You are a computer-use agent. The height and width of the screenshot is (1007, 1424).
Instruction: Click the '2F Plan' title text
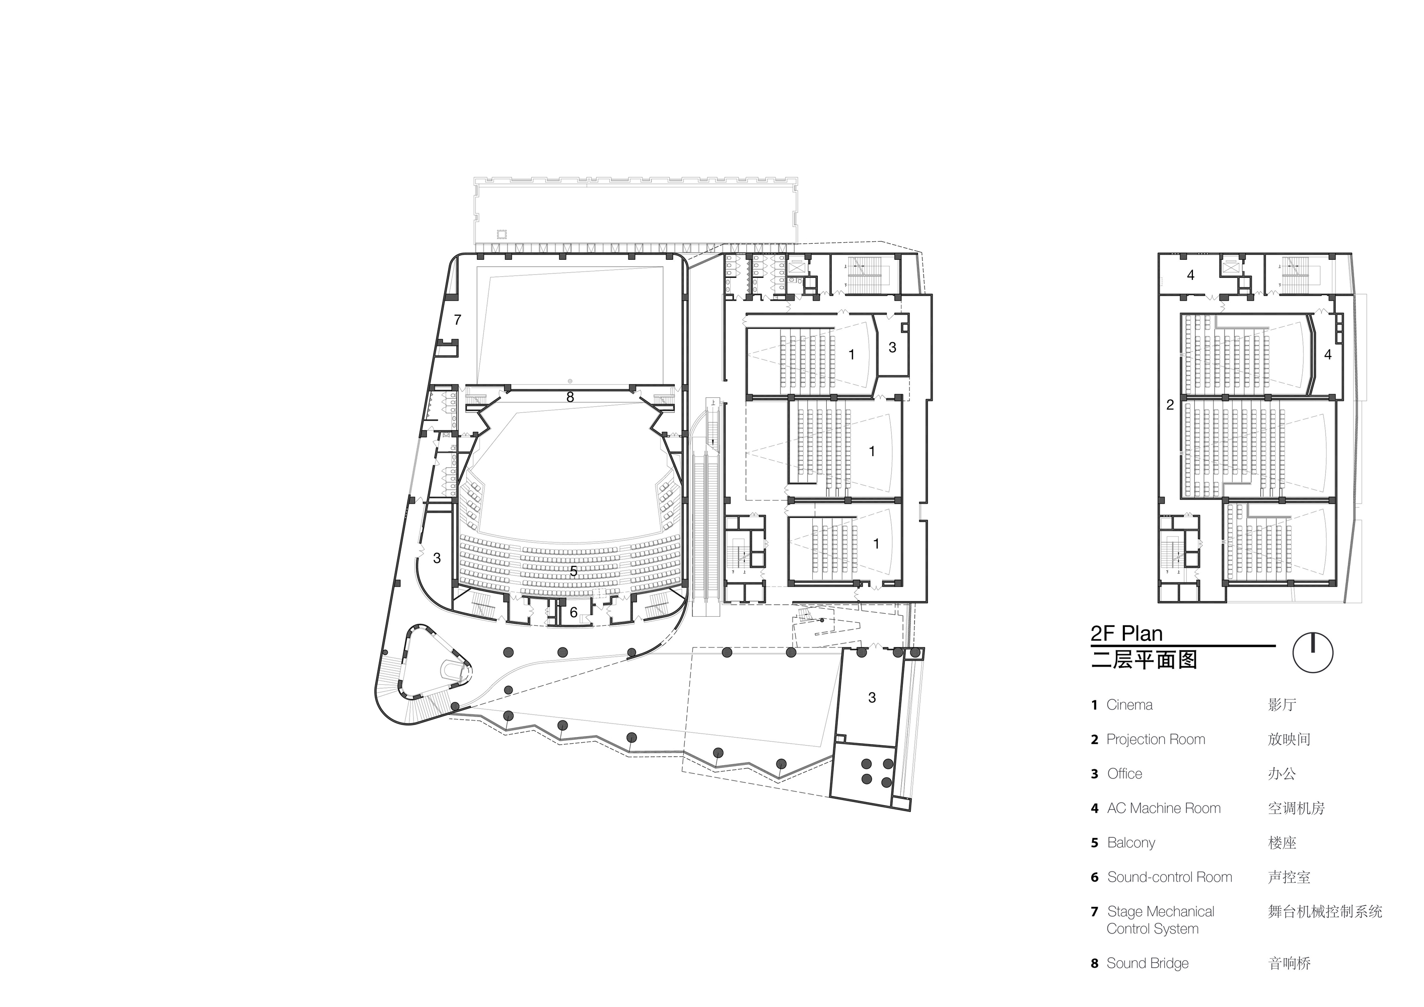tap(1127, 634)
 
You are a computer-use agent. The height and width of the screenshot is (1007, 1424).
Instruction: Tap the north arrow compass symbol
tap(1313, 653)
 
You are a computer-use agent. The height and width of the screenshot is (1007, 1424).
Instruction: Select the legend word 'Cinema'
tap(1129, 705)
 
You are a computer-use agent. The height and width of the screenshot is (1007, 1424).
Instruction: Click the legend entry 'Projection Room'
tap(1156, 739)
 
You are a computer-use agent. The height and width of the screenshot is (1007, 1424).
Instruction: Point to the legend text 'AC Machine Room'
tap(1164, 808)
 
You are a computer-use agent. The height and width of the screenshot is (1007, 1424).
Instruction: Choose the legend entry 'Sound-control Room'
tap(1170, 877)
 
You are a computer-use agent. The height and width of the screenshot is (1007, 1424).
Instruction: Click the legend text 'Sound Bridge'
tap(1148, 963)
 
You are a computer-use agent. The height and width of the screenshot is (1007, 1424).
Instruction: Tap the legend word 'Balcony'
tap(1131, 843)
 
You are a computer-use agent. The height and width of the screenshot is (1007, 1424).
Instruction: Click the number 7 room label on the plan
tap(458, 320)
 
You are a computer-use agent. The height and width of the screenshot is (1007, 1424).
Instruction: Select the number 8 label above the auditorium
tap(570, 397)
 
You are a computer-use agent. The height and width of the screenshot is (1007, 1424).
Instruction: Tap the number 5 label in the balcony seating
tap(574, 571)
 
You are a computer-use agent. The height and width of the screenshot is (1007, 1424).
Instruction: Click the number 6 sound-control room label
tap(574, 613)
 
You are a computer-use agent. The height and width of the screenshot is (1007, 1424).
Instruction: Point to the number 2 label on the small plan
tap(1170, 405)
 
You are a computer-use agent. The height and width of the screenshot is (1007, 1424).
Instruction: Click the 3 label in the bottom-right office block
tap(872, 697)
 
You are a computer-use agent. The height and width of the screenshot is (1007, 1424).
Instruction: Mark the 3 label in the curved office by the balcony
tap(437, 558)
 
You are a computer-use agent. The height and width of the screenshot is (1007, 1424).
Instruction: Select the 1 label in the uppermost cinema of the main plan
tap(851, 354)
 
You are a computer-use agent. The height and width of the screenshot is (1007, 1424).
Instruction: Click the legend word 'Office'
tap(1124, 774)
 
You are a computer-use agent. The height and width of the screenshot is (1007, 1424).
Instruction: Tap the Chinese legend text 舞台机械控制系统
tap(1325, 911)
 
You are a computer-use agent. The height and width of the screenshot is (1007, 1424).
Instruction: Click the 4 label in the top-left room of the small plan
tap(1190, 275)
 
